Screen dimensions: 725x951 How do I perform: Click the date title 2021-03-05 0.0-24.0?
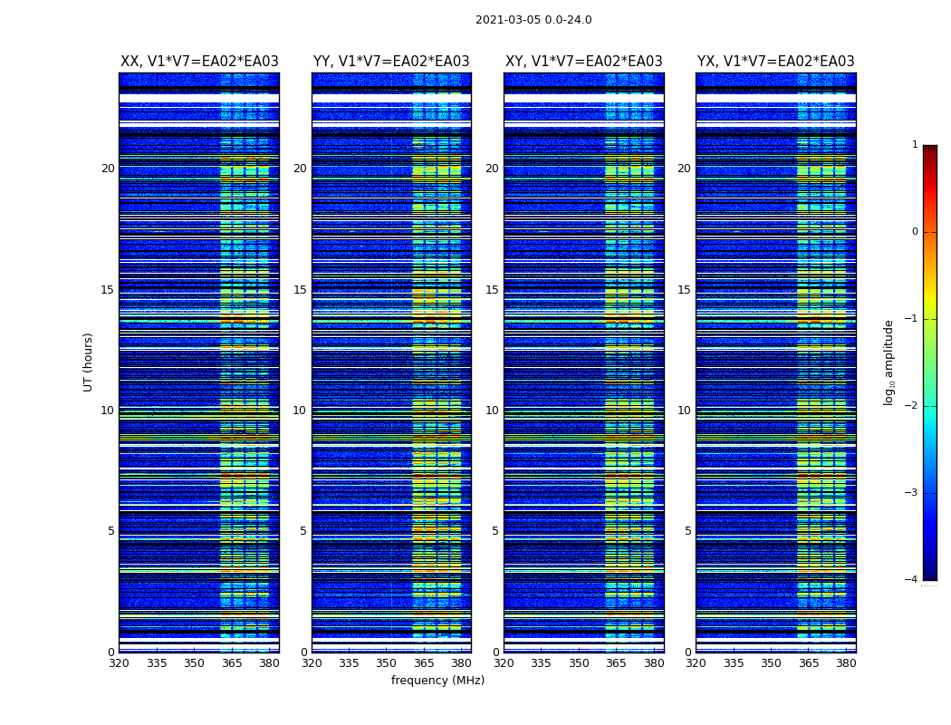point(533,20)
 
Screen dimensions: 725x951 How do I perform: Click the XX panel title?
point(199,62)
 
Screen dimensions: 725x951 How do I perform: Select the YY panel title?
point(391,62)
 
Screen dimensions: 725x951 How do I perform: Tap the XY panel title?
point(583,62)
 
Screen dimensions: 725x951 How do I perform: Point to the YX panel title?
point(775,62)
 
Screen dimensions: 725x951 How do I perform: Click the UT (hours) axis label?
point(89,362)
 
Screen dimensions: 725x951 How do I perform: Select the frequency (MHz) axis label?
point(437,681)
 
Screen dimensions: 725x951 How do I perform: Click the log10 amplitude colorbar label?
point(889,362)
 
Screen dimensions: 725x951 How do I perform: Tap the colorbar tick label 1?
point(915,145)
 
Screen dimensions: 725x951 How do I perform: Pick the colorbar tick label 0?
point(915,232)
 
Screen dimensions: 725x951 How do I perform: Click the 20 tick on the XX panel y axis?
point(108,169)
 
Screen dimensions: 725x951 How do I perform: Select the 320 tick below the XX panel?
point(119,663)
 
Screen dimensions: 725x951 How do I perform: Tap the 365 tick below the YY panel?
point(425,663)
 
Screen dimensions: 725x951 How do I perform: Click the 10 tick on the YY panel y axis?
point(300,411)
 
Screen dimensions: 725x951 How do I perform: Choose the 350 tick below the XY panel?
point(579,663)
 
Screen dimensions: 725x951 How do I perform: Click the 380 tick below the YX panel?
point(846,663)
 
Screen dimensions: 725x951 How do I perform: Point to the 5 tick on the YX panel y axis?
point(687,531)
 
